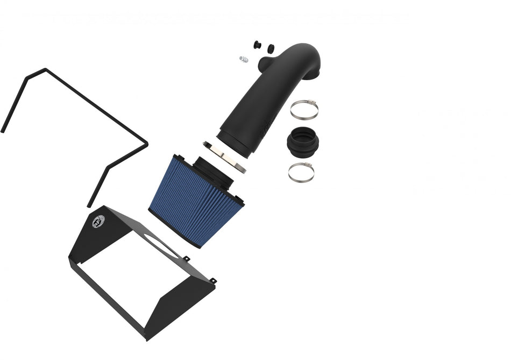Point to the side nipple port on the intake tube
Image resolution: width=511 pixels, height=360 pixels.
tap(265, 65)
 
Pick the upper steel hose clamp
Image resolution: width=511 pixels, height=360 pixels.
tap(304, 109)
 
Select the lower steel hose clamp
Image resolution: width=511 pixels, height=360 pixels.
tap(301, 172)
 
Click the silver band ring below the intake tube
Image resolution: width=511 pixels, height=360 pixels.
tap(225, 157)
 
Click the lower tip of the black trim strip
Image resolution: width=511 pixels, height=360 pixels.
tap(89, 206)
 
